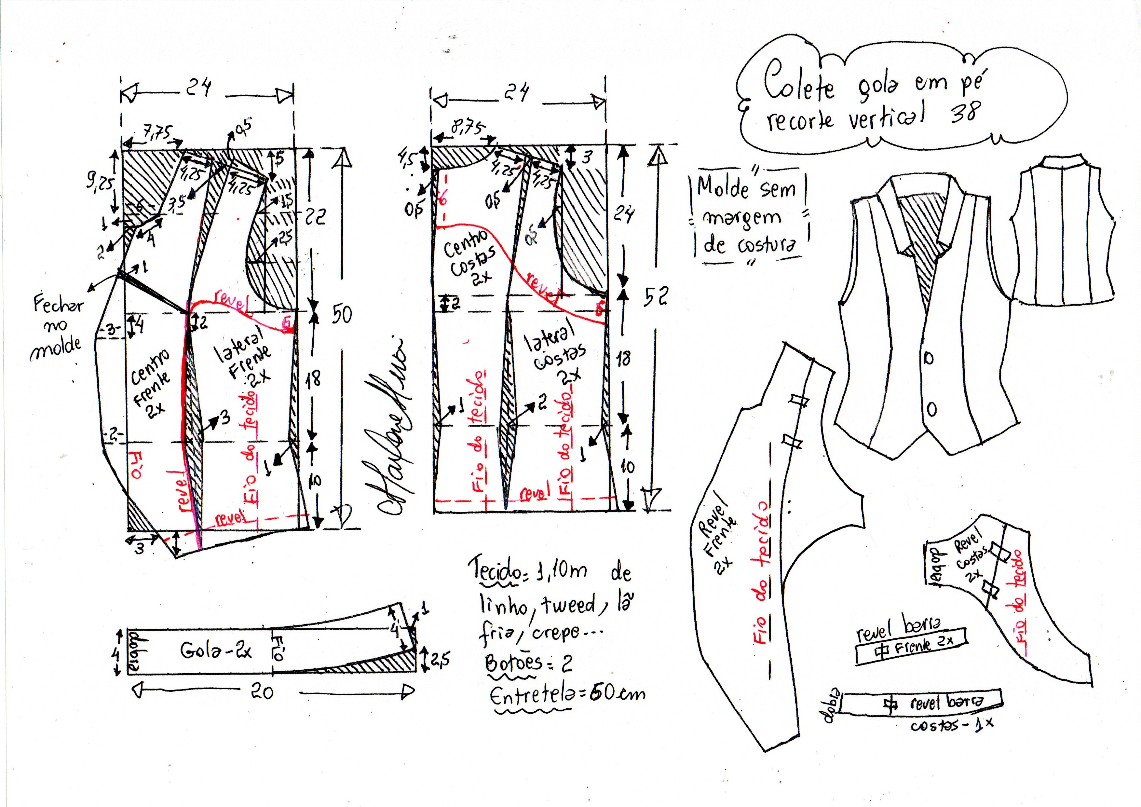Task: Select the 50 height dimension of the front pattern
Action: (x=342, y=314)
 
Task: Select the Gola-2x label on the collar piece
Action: (x=216, y=650)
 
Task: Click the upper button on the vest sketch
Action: (x=928, y=358)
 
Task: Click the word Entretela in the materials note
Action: (x=529, y=696)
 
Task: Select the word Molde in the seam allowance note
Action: (x=723, y=188)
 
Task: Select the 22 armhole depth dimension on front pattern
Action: (x=315, y=217)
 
